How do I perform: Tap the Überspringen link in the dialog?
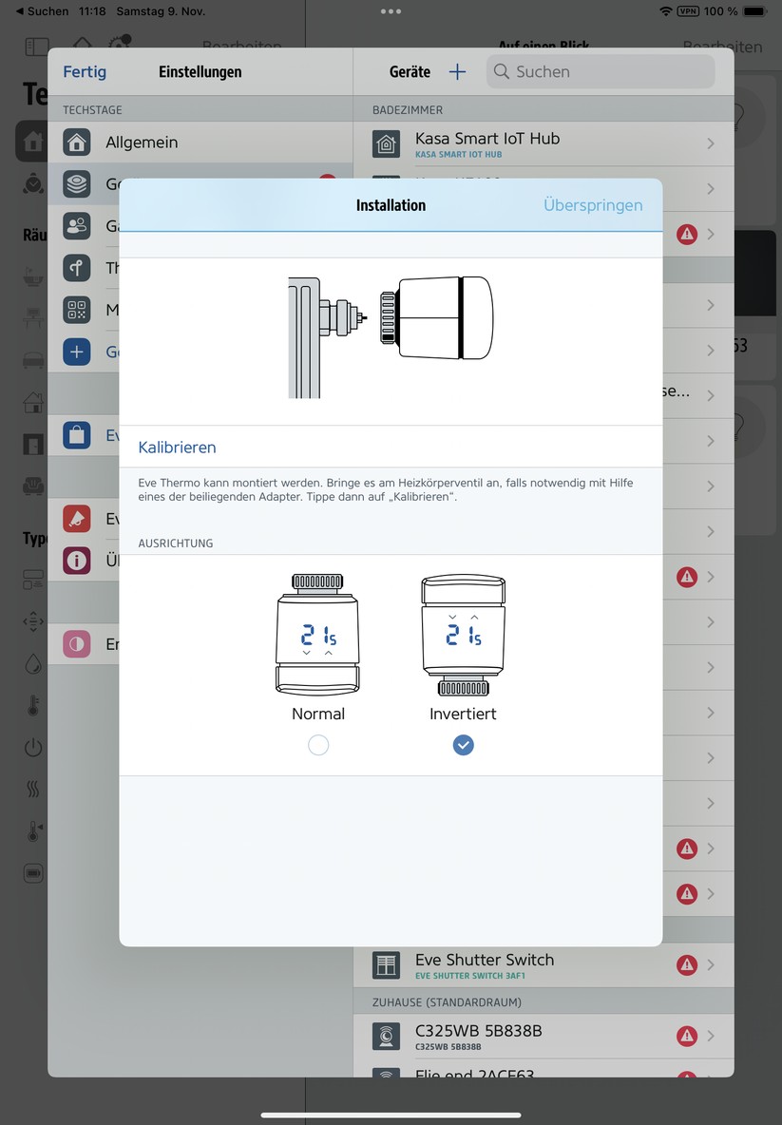click(593, 205)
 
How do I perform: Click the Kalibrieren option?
click(178, 447)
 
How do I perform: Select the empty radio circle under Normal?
click(318, 746)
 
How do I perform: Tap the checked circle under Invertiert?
click(463, 746)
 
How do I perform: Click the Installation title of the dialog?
click(391, 205)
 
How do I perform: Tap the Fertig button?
click(85, 71)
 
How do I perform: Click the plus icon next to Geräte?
click(457, 71)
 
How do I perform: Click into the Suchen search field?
click(608, 71)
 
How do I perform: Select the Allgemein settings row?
click(142, 143)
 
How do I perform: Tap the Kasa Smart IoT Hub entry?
click(487, 143)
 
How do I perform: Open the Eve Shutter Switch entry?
click(485, 964)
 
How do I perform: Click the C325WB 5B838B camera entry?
click(479, 1035)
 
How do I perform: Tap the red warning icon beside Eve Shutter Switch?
click(686, 964)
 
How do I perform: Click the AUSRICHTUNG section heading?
click(176, 543)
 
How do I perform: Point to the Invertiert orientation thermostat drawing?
click(463, 635)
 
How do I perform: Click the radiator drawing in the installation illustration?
click(304, 336)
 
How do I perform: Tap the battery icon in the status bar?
click(754, 11)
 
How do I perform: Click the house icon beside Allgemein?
click(77, 143)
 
